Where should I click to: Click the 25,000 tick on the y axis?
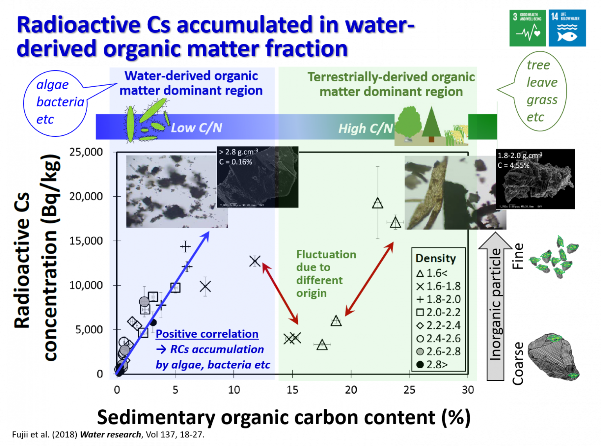click(86, 152)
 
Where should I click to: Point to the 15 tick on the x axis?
click(292, 389)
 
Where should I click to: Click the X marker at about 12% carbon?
click(255, 261)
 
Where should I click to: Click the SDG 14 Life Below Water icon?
click(567, 28)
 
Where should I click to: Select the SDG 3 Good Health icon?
click(527, 28)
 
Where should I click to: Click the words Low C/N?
click(196, 127)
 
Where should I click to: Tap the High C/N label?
click(365, 128)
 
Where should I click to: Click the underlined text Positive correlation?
click(207, 334)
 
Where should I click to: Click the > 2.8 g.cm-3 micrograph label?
click(239, 157)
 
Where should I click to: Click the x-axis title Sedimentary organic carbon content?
click(283, 417)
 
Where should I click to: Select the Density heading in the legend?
click(435, 258)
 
